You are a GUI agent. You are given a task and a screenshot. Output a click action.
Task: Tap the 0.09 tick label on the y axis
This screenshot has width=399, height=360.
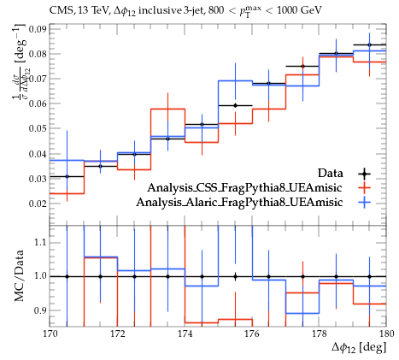(38, 29)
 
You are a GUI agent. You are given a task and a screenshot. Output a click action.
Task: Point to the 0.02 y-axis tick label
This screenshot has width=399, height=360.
(38, 204)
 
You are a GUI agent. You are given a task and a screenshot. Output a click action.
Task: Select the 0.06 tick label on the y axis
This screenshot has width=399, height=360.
(38, 103)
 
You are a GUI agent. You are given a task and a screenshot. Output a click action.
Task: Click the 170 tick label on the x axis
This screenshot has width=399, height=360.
(50, 333)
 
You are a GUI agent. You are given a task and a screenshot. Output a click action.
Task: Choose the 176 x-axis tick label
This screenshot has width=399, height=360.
(252, 333)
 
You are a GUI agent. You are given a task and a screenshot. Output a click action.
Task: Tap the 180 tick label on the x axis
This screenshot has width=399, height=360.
(386, 333)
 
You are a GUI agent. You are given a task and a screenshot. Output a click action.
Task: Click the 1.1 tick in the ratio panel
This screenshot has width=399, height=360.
(41, 243)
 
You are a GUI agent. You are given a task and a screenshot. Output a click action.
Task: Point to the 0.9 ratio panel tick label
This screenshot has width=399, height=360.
(41, 310)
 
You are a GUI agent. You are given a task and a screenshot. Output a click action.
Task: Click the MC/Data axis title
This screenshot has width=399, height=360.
(19, 276)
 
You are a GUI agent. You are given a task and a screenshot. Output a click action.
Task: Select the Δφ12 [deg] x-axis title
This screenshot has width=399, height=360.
(359, 348)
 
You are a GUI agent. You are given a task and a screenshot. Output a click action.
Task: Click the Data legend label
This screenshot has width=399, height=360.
(331, 173)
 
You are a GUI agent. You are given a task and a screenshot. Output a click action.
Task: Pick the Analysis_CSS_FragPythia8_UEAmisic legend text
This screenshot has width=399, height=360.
(245, 188)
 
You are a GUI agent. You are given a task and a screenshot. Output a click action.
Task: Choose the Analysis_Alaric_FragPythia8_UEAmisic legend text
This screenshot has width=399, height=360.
(239, 203)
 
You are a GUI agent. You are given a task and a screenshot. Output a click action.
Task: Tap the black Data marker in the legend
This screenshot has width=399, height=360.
(364, 174)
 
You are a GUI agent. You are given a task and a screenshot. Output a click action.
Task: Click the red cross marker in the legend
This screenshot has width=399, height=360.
(364, 188)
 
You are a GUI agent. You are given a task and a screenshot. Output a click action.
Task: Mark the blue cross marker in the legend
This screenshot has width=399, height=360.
(364, 203)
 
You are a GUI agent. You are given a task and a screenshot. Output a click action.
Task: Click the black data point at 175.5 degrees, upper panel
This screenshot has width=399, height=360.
(235, 105)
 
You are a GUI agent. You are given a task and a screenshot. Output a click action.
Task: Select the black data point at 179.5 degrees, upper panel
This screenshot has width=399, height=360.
(370, 44)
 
